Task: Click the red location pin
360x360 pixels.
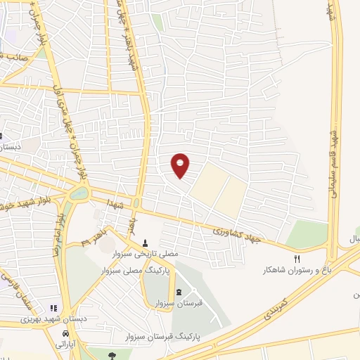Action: tap(181, 165)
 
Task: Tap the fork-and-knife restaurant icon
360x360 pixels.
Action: tap(296, 259)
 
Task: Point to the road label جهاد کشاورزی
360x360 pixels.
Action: tap(236, 235)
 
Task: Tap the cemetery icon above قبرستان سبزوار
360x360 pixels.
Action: tap(178, 292)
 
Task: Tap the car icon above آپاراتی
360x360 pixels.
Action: tap(65, 333)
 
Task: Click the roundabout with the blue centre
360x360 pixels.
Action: tap(79, 193)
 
